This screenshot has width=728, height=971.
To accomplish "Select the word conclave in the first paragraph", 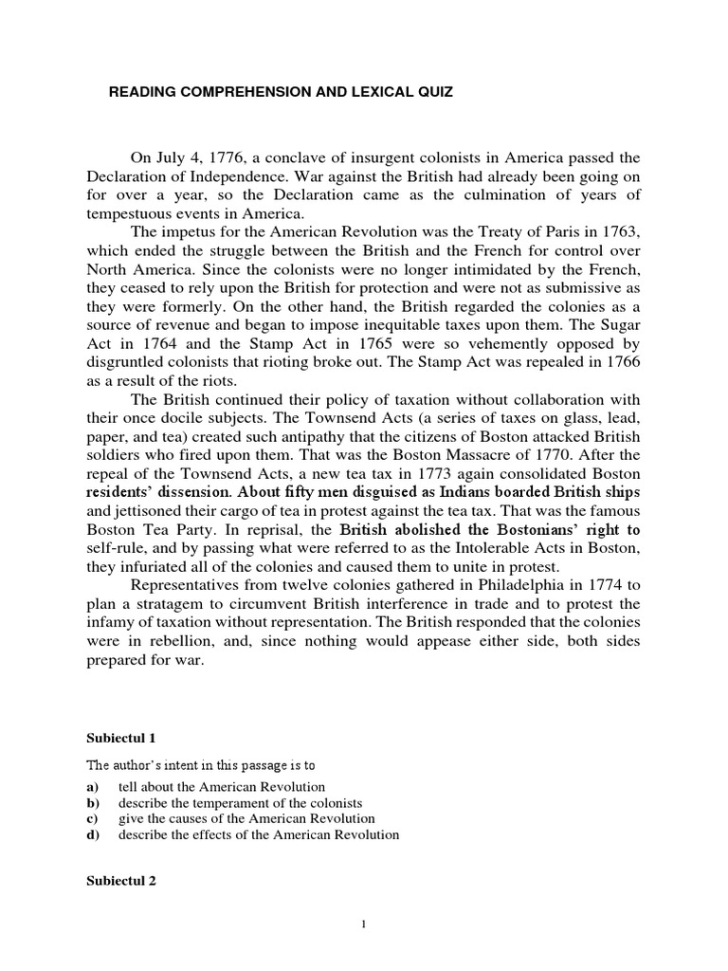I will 298,157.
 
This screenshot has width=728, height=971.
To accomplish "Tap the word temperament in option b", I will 219,802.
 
